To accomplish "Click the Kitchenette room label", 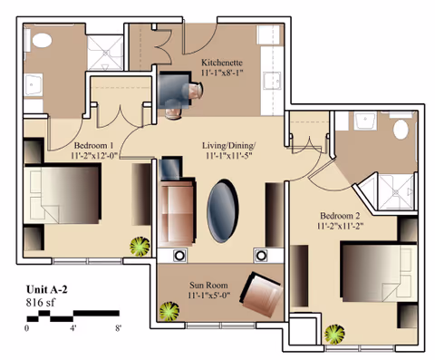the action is click(222, 63).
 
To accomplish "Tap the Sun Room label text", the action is click(208, 285).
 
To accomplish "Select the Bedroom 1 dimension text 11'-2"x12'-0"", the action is click(94, 155).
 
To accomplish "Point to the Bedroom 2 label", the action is click(340, 216).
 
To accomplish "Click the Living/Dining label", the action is click(228, 146).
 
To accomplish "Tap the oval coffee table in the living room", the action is click(223, 210).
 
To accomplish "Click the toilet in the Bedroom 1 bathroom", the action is click(42, 40).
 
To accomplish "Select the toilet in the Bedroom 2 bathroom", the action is click(401, 130).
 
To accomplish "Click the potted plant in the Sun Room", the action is click(169, 311).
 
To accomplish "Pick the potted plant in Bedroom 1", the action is click(140, 247).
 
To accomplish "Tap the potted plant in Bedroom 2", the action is click(334, 335).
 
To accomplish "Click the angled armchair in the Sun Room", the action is click(262, 295).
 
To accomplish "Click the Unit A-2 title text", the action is click(47, 289).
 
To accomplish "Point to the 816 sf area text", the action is click(41, 302).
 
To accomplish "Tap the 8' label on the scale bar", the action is click(118, 328).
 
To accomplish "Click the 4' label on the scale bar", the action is click(73, 328).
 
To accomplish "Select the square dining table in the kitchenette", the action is click(175, 90).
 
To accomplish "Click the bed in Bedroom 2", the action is click(379, 271).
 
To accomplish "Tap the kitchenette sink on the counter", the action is click(271, 81).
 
